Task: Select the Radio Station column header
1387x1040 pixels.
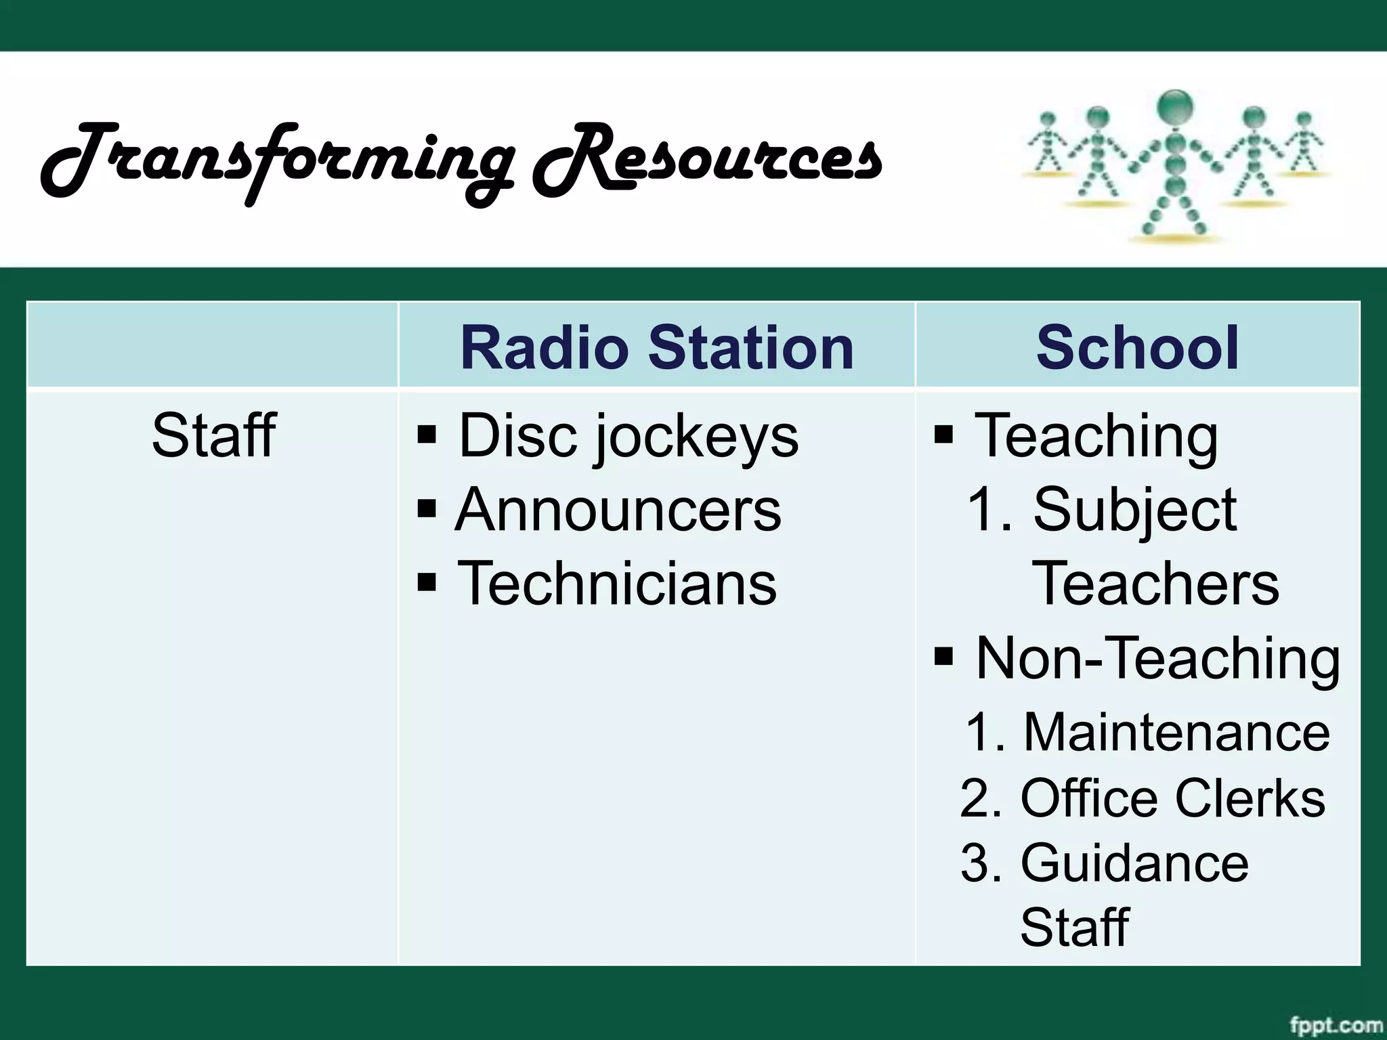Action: point(656,347)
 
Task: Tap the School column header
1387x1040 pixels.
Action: point(1137,347)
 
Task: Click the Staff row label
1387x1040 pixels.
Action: point(213,435)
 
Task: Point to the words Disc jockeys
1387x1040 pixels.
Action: point(628,435)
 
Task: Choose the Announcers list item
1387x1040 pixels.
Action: point(618,510)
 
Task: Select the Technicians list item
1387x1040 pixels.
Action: point(616,584)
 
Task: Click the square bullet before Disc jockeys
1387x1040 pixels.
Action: point(427,433)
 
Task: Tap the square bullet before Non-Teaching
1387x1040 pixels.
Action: point(943,656)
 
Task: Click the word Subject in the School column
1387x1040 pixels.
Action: point(1134,510)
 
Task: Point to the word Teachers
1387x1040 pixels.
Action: point(1155,584)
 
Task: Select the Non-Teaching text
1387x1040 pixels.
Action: point(1157,658)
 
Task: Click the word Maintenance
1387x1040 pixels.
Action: point(1176,733)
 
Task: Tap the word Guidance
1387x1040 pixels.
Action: point(1134,863)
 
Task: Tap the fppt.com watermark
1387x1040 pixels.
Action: point(1335,1025)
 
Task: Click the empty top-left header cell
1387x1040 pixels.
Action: point(212,345)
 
